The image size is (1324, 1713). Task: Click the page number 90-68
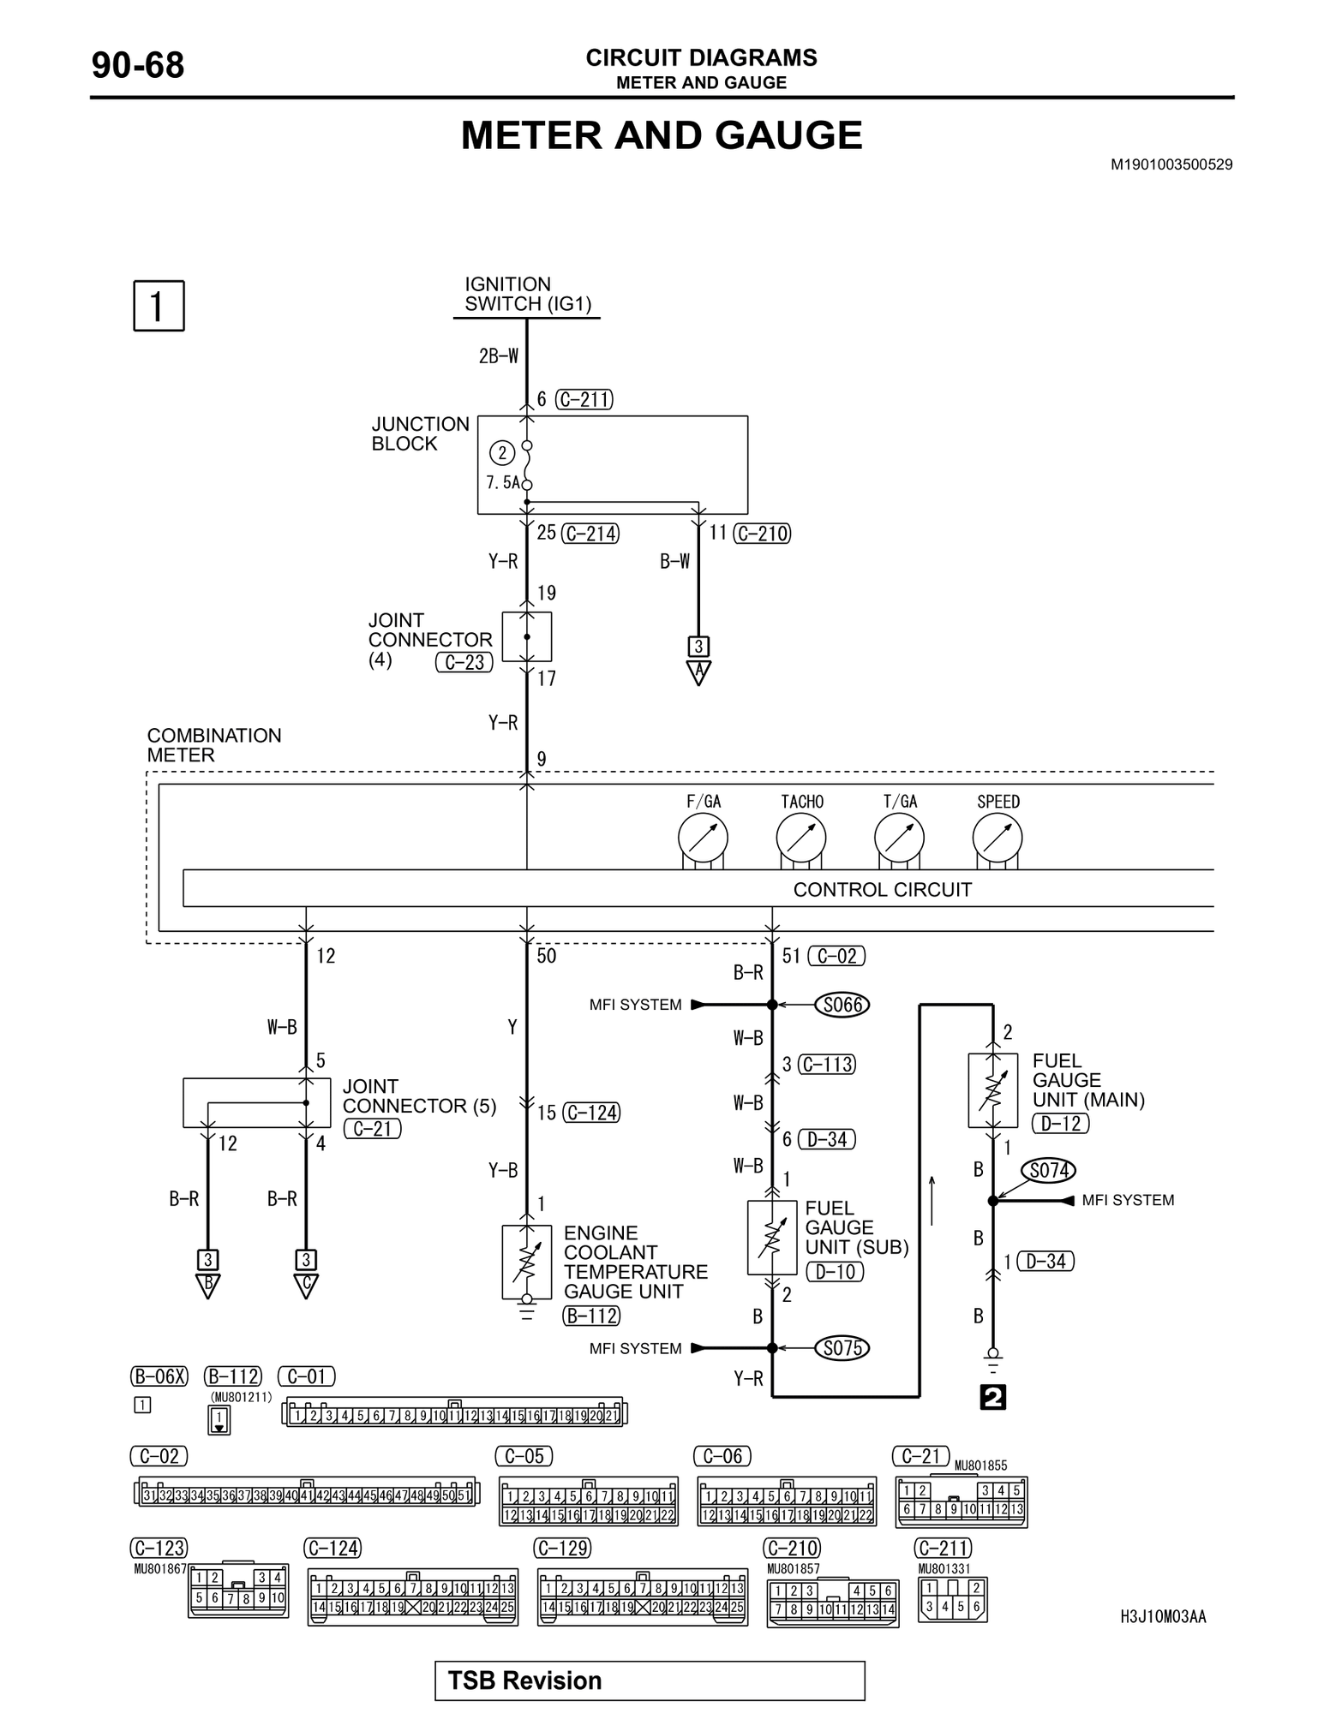(137, 66)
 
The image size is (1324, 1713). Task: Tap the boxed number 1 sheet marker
(159, 306)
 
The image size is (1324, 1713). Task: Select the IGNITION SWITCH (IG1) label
(527, 294)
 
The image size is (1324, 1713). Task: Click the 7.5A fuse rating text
(502, 483)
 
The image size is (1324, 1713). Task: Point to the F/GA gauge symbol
(703, 838)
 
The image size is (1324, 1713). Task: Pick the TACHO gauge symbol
(801, 838)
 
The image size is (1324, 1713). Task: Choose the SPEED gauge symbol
(997, 838)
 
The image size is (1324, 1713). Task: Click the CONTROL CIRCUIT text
(882, 889)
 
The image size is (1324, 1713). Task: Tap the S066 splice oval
(842, 1005)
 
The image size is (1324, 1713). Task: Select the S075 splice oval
(842, 1348)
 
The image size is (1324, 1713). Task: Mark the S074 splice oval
(1048, 1170)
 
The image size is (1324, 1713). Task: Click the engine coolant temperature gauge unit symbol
(527, 1262)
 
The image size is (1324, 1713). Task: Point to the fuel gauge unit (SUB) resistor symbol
(772, 1238)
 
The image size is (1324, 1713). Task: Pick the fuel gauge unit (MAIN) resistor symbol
(992, 1090)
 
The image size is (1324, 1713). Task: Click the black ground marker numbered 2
(992, 1398)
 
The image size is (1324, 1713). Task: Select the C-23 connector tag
(464, 662)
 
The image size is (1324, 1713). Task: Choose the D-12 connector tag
(1060, 1123)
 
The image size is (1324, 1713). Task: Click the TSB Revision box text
(524, 1680)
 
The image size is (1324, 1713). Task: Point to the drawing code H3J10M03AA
(1162, 1617)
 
